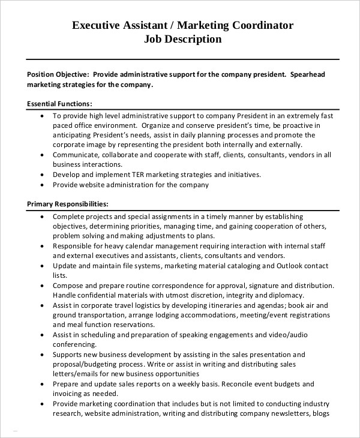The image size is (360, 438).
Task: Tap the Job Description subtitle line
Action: click(x=183, y=40)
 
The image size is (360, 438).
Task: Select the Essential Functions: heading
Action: click(x=59, y=104)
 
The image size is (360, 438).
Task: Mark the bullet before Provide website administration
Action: click(x=41, y=185)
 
